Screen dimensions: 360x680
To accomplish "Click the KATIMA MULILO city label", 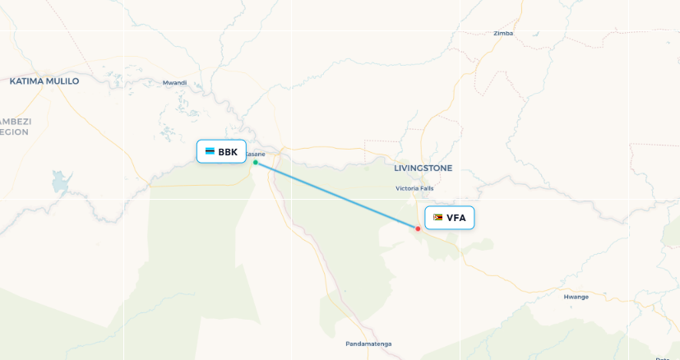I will coord(44,81).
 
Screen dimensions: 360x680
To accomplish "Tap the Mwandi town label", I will coord(174,82).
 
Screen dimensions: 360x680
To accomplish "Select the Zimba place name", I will coord(503,34).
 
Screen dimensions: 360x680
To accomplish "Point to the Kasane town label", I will coord(256,154).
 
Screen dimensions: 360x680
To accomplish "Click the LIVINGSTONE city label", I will coord(423,168).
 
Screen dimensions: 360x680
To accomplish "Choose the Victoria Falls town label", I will coord(414,188).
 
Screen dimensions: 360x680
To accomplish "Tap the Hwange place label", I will coord(576,296).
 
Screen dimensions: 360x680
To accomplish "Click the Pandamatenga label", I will coord(368,344).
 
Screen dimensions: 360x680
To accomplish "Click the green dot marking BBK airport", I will coord(256,163).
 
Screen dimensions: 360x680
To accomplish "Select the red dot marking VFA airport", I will coord(419,228).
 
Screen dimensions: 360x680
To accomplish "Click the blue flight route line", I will coord(337,196).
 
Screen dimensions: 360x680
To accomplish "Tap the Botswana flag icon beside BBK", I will coord(210,152).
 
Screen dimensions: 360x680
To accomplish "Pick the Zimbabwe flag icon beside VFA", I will coord(438,218).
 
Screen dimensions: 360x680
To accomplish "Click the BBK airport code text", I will coord(228,152).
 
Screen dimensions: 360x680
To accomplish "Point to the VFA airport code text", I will coord(456,218).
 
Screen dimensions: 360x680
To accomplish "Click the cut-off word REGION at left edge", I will coord(14,132).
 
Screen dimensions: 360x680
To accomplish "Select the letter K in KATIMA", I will coord(13,81).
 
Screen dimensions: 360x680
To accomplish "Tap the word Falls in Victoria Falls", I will coord(426,188).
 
